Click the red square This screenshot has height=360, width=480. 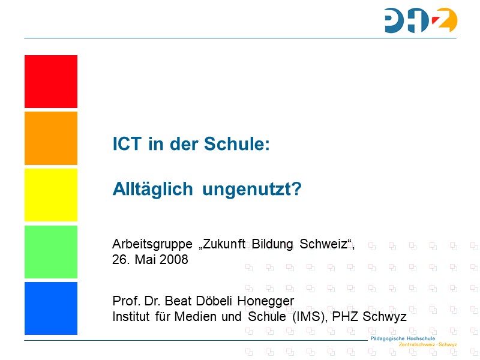(51, 82)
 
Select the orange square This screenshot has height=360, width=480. (51, 138)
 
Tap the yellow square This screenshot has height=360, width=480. (51, 194)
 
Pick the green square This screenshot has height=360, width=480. (51, 252)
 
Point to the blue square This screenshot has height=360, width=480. (51, 308)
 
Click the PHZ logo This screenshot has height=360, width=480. (421, 20)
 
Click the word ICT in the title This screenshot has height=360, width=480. (127, 143)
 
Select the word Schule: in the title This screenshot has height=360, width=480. (237, 143)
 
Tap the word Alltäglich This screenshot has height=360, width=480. (153, 188)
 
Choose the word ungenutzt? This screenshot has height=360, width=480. (252, 190)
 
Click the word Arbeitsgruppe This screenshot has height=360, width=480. (152, 245)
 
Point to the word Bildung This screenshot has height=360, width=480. (272, 244)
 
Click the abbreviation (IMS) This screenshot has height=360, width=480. (310, 317)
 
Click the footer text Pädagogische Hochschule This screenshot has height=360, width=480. (403, 338)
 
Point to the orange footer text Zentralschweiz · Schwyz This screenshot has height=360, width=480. (428, 344)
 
